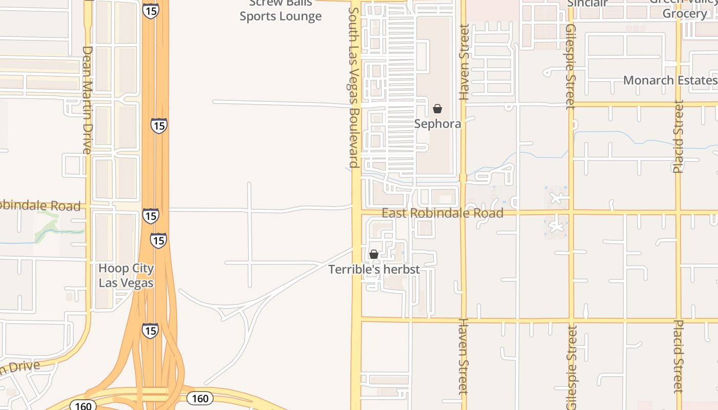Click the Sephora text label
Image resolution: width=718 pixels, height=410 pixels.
(437, 124)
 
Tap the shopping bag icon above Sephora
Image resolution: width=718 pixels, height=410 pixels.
(437, 109)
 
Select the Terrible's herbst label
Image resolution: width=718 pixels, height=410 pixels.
(374, 269)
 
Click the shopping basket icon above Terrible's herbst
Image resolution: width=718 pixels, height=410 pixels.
(374, 254)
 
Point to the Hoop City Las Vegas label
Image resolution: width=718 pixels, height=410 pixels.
(126, 275)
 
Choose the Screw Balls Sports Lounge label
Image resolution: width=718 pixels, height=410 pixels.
(281, 10)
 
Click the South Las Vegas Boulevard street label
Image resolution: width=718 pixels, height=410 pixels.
(353, 87)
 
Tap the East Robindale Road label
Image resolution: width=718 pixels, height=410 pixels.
(443, 213)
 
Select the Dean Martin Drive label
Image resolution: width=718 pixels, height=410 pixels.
(87, 100)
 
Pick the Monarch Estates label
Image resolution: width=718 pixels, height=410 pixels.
(670, 80)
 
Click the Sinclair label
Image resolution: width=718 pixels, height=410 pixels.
(588, 3)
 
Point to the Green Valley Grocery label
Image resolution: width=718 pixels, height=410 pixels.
(684, 8)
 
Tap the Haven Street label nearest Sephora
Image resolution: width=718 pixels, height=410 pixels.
(464, 61)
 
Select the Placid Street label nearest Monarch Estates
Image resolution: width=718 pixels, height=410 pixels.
(679, 136)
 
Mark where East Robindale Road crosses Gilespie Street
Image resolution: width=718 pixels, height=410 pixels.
(570, 212)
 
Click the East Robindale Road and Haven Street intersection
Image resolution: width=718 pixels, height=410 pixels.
(463, 212)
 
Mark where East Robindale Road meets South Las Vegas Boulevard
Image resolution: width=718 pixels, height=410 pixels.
(356, 211)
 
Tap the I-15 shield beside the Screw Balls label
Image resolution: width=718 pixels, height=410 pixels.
(151, 11)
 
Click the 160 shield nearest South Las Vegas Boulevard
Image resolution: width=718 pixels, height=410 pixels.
(200, 398)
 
